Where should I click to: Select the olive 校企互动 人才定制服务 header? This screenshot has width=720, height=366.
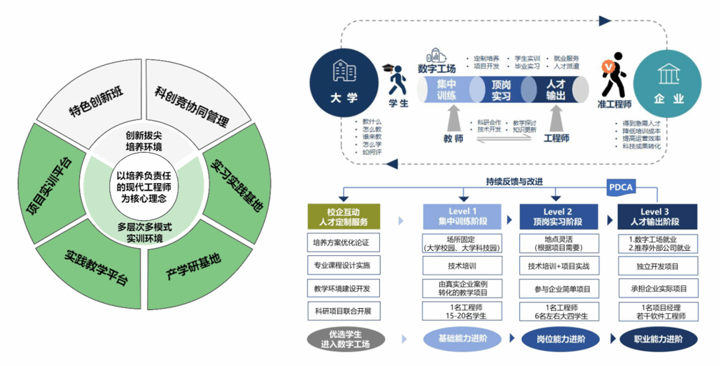tap(343, 217)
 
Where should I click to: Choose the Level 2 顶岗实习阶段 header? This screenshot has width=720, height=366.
tap(558, 217)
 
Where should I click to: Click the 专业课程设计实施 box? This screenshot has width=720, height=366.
tap(343, 265)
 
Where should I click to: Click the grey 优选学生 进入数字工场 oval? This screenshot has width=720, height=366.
tap(343, 339)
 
